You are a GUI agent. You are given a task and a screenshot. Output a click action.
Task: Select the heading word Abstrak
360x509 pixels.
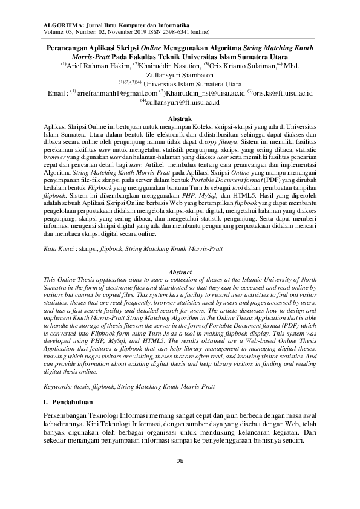point(180,120)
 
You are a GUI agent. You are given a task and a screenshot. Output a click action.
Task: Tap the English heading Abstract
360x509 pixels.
point(180,273)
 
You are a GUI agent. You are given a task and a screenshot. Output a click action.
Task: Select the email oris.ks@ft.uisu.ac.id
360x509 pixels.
point(282,94)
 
